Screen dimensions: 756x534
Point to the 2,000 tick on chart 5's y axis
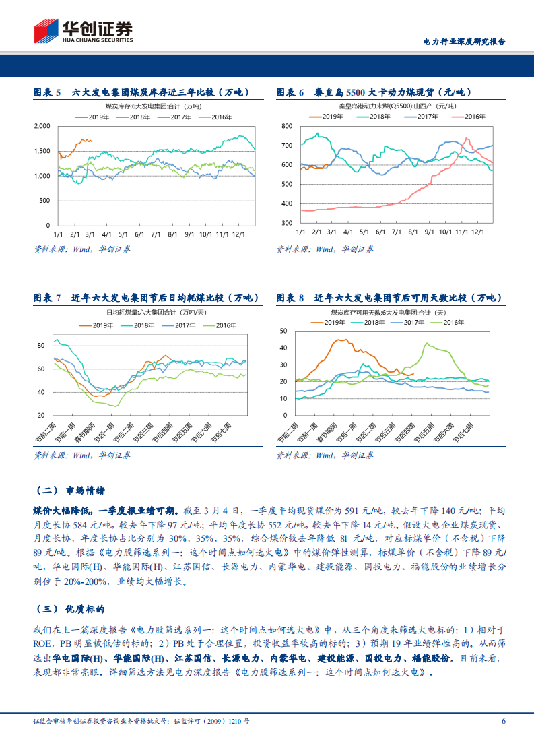click(42, 126)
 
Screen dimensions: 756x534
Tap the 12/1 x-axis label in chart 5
click(240, 234)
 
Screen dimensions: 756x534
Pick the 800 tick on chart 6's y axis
click(286, 126)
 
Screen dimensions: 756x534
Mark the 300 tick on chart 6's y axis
click(286, 223)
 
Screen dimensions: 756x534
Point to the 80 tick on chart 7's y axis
click(40, 346)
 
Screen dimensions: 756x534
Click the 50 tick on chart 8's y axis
click(283, 331)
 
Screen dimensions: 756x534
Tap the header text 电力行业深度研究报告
click(463, 41)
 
